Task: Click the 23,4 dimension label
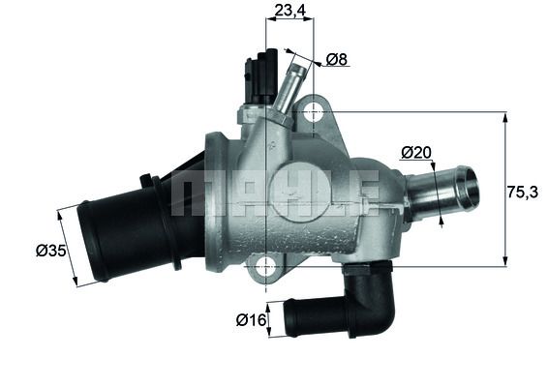289,12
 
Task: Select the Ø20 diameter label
416,152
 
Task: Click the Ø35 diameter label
49,251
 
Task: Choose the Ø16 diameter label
251,317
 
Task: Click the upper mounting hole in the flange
311,113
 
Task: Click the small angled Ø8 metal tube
288,87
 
